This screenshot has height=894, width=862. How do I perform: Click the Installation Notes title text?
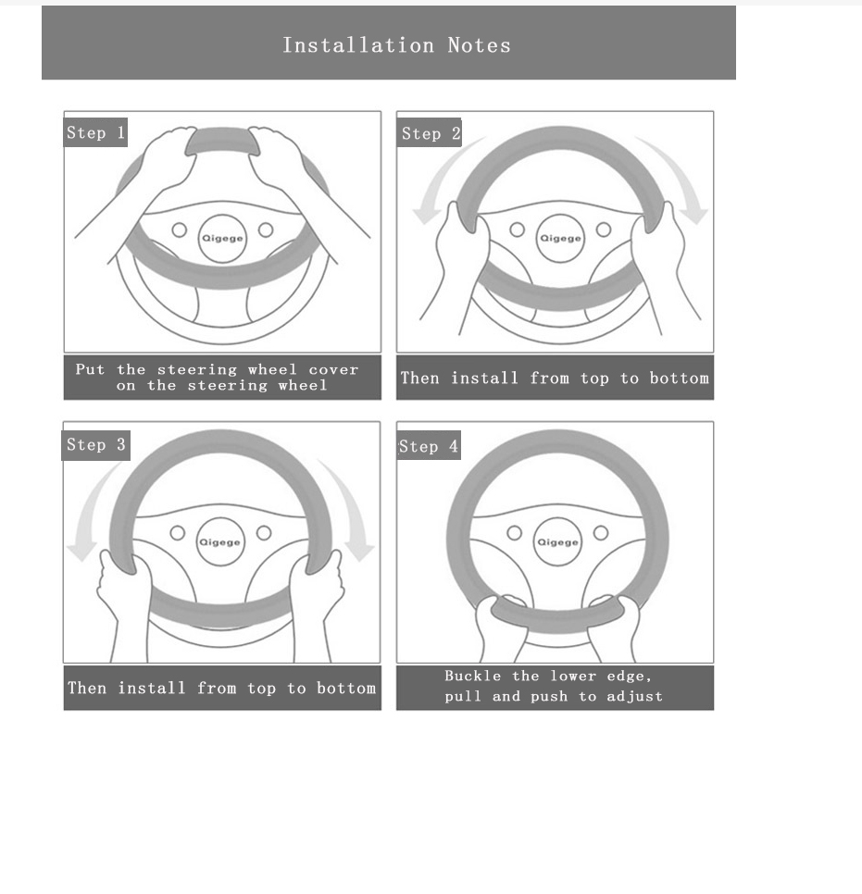point(396,45)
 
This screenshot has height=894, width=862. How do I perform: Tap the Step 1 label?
point(95,133)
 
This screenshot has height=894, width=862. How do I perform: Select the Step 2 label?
point(431,134)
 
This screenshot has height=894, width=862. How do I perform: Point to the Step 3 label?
point(95,445)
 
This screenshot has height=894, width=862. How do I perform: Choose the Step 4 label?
point(429,447)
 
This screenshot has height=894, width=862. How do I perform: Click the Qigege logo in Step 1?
point(223,238)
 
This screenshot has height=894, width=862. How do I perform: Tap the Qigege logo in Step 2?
point(560,238)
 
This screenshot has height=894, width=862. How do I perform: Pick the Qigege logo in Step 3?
point(220,542)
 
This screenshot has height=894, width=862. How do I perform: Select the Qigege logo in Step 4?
point(557,542)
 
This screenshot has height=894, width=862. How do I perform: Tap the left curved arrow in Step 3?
point(93,518)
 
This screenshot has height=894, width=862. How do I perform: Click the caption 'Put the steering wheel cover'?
point(217,369)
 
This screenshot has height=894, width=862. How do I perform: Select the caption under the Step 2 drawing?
point(555,379)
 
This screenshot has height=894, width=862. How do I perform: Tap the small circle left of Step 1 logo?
point(180,230)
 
